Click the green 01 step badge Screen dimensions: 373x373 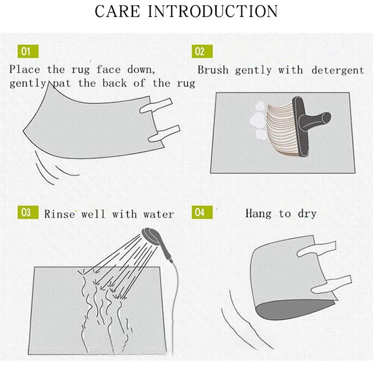[28, 51]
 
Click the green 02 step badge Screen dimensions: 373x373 [202, 51]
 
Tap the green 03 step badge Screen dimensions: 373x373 [28, 212]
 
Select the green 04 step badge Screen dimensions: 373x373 [202, 212]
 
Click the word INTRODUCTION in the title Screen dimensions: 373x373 [213, 11]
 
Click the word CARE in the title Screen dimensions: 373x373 [117, 11]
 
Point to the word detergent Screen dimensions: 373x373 [338, 71]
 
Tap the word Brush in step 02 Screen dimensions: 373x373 [213, 70]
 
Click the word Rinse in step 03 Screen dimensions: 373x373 [59, 214]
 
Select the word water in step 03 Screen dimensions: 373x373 [159, 214]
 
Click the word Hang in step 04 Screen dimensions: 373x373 [258, 213]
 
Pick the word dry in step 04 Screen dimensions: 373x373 [307, 214]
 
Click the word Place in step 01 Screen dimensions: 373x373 [24, 70]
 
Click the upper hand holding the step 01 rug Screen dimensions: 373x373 [156, 106]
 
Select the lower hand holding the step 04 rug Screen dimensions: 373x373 [331, 284]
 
